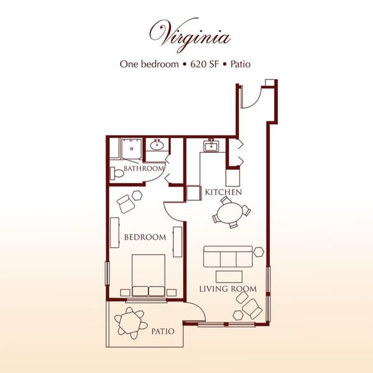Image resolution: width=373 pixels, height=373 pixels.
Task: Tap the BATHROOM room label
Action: point(143,168)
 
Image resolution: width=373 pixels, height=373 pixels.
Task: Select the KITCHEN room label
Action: point(223,193)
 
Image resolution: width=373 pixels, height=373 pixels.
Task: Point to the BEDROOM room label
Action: point(145,237)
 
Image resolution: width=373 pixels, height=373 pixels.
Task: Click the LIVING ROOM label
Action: point(228,289)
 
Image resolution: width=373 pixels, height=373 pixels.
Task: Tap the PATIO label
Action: point(163,332)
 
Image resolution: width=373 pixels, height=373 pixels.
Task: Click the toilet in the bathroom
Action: point(116,174)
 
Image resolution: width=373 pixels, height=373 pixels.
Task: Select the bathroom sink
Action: point(157,147)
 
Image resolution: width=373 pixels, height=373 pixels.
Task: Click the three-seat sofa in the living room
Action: point(228,256)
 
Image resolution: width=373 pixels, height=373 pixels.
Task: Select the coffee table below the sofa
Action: point(228,275)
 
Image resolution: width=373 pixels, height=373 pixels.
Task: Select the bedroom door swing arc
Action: point(172,210)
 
